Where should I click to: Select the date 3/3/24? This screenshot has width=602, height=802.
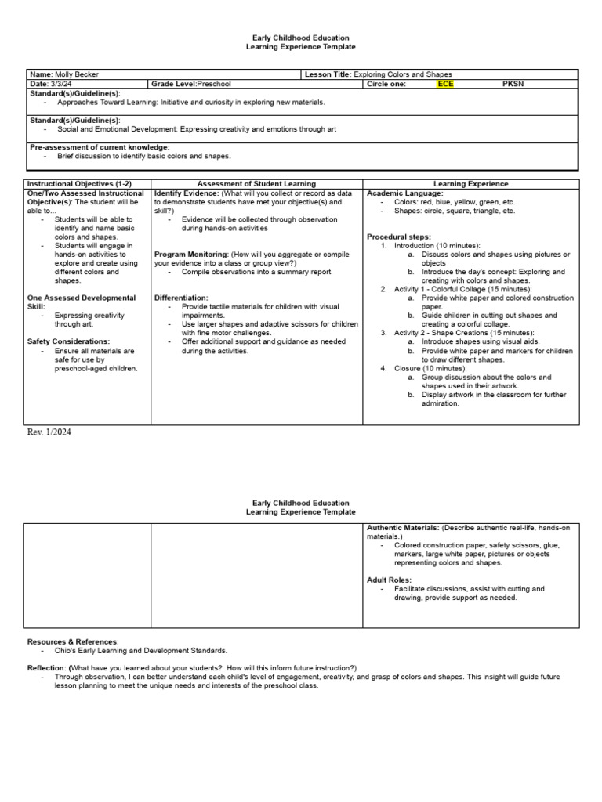(x=60, y=84)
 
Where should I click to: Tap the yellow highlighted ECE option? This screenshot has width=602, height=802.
(x=445, y=84)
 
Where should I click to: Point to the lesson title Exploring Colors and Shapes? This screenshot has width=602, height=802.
(x=402, y=74)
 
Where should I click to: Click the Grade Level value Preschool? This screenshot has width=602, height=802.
(x=214, y=84)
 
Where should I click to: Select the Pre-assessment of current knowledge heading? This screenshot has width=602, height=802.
(x=99, y=147)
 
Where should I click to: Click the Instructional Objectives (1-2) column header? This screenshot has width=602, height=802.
(x=79, y=184)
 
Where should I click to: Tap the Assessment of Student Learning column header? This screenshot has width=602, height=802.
(x=256, y=184)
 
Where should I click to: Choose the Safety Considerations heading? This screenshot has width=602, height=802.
(x=68, y=341)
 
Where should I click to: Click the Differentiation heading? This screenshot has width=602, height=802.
(x=181, y=298)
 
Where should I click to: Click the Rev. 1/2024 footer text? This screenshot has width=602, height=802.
(x=49, y=432)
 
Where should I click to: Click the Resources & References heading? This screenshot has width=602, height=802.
(x=73, y=641)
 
